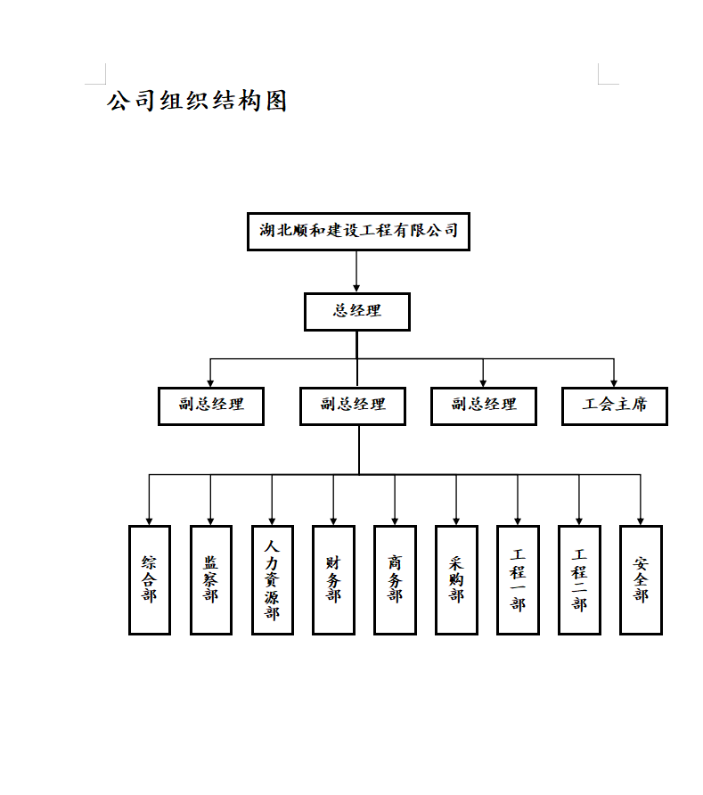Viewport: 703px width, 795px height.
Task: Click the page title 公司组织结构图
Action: point(197,101)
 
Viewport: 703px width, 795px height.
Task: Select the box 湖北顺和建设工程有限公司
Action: point(358,232)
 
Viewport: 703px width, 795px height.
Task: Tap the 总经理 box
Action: point(357,312)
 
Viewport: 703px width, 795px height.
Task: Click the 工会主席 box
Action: point(615,406)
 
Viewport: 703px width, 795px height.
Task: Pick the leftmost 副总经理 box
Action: point(211,406)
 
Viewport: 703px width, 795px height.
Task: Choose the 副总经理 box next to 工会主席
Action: point(484,406)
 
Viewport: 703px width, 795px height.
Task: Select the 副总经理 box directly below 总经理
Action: point(354,406)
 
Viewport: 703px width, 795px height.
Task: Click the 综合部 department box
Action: point(150,579)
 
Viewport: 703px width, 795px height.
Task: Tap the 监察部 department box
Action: point(211,579)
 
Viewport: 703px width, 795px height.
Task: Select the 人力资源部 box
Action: point(273,579)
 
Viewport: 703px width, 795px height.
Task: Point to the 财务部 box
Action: point(334,579)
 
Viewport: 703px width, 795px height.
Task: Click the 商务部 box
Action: point(395,579)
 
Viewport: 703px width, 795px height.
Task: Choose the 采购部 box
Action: point(456,579)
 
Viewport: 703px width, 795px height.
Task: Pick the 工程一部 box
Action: point(518,579)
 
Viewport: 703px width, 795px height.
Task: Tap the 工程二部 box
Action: point(579,579)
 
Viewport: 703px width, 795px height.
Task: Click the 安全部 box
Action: point(641,579)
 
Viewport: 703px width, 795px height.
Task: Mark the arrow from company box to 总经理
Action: point(356,271)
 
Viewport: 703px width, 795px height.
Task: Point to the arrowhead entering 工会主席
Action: point(614,382)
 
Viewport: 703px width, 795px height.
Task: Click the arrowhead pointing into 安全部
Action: point(641,520)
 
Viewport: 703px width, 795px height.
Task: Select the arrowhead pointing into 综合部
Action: point(150,520)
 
